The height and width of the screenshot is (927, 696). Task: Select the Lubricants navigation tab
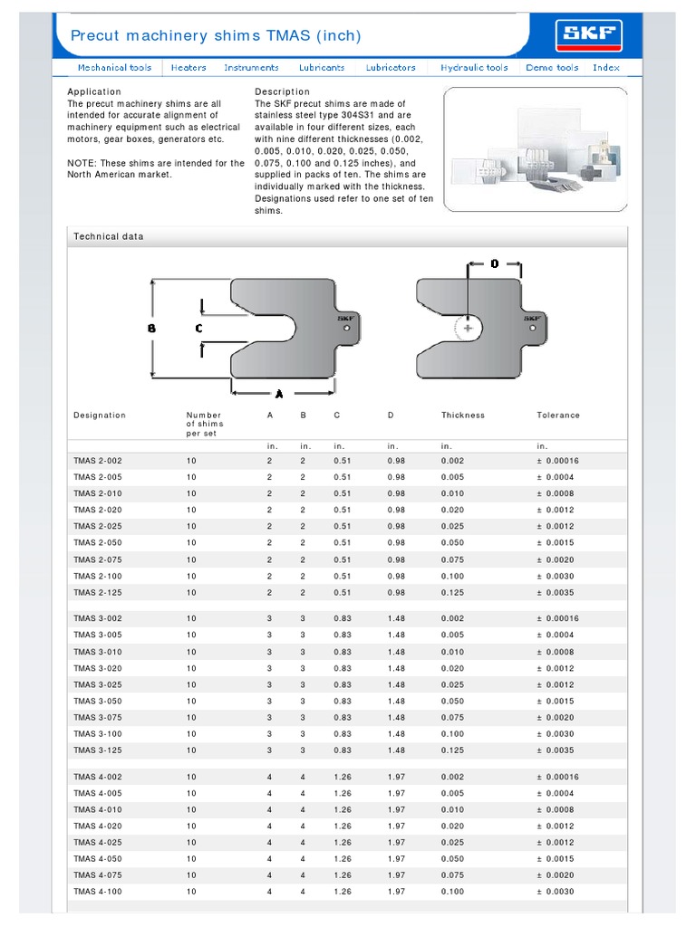tap(322, 68)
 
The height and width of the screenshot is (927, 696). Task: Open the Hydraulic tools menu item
tap(474, 68)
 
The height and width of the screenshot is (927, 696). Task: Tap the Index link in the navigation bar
tap(606, 68)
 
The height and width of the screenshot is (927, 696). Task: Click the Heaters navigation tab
tap(188, 68)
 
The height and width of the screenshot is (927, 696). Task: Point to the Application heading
tap(94, 91)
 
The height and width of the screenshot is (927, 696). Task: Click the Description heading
tap(282, 91)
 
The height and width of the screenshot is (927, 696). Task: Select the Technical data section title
tap(108, 236)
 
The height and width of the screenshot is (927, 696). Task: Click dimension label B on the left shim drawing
tap(151, 330)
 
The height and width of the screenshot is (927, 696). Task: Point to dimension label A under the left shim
tap(278, 394)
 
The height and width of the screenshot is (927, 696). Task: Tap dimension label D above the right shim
tap(495, 264)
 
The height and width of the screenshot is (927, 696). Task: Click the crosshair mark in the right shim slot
tap(468, 329)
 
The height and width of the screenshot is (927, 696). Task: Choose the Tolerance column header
tap(558, 416)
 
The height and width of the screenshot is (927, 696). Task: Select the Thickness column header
tap(462, 416)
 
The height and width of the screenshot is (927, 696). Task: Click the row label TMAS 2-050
tap(97, 543)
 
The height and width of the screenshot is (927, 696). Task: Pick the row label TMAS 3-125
tap(97, 750)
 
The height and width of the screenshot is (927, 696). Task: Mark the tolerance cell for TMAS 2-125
tap(557, 593)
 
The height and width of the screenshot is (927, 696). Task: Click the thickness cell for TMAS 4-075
tap(452, 875)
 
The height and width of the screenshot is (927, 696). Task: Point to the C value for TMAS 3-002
tap(343, 619)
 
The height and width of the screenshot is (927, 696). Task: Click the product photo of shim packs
tap(535, 149)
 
